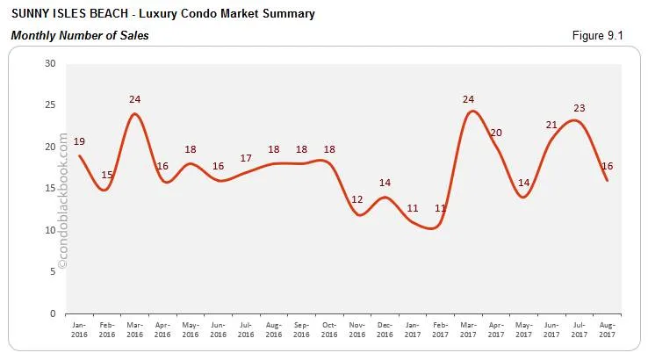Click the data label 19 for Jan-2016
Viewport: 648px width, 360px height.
click(x=79, y=141)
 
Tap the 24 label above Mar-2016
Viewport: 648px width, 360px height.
click(x=134, y=99)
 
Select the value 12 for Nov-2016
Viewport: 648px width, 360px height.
click(x=357, y=199)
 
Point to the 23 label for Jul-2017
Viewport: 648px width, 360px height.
click(x=579, y=108)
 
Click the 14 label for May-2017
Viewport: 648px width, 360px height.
click(x=523, y=183)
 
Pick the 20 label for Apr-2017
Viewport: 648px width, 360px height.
click(x=495, y=133)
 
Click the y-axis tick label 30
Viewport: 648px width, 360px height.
click(x=50, y=63)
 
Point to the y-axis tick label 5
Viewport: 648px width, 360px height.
click(x=53, y=272)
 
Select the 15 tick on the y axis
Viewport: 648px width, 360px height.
click(x=50, y=189)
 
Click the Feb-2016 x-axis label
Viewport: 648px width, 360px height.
click(x=107, y=330)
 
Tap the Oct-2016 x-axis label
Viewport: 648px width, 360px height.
click(x=329, y=330)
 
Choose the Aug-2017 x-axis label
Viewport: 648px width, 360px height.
click(x=607, y=330)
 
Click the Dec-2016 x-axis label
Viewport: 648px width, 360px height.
click(x=385, y=330)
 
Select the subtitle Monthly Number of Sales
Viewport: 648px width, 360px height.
click(x=80, y=35)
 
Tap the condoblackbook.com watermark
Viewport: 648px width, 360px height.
click(x=62, y=201)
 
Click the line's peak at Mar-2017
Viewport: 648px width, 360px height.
click(x=472, y=112)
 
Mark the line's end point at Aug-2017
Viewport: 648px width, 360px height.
click(x=607, y=180)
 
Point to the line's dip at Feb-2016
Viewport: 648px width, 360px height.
click(x=105, y=190)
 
